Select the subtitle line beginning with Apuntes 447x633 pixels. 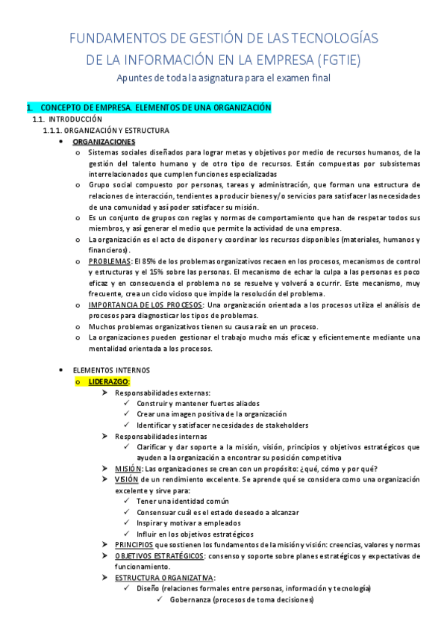[x=224, y=78]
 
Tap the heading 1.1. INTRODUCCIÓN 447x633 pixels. [x=72, y=119]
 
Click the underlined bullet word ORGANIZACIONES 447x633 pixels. [x=104, y=142]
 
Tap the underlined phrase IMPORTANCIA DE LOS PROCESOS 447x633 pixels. [x=145, y=305]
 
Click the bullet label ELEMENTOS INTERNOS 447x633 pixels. [x=111, y=370]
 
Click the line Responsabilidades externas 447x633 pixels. [x=163, y=393]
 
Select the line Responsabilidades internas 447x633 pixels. [x=161, y=436]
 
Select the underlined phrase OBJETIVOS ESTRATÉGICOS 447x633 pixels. [x=160, y=556]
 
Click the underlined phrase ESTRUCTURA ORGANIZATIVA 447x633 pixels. [x=164, y=578]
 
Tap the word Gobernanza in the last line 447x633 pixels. [x=190, y=599]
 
